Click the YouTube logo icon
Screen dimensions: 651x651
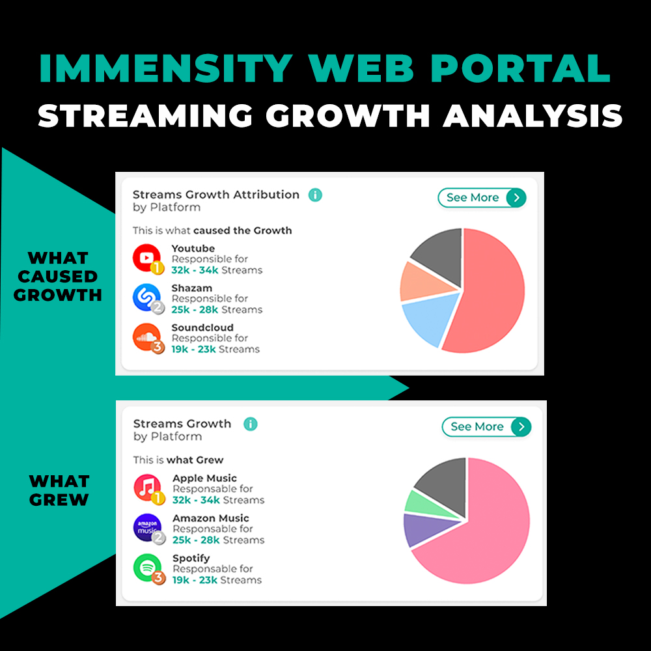[x=146, y=258]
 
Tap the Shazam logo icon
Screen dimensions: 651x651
[x=146, y=298]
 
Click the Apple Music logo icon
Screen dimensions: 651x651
[x=147, y=488]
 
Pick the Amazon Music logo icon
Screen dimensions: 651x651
[x=147, y=528]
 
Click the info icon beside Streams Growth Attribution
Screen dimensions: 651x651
[x=315, y=195]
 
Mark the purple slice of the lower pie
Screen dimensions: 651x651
[x=419, y=530]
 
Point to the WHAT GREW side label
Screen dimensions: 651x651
[x=59, y=490]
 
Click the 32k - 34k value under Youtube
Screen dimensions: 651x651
[x=193, y=270]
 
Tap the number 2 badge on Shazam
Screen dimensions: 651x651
[x=158, y=307]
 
